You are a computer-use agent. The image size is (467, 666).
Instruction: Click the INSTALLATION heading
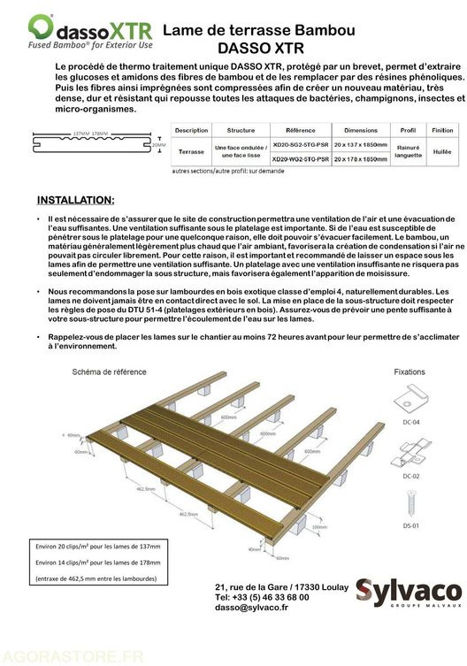point(75,200)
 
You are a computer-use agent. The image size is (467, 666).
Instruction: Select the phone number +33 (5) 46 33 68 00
point(261,597)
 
